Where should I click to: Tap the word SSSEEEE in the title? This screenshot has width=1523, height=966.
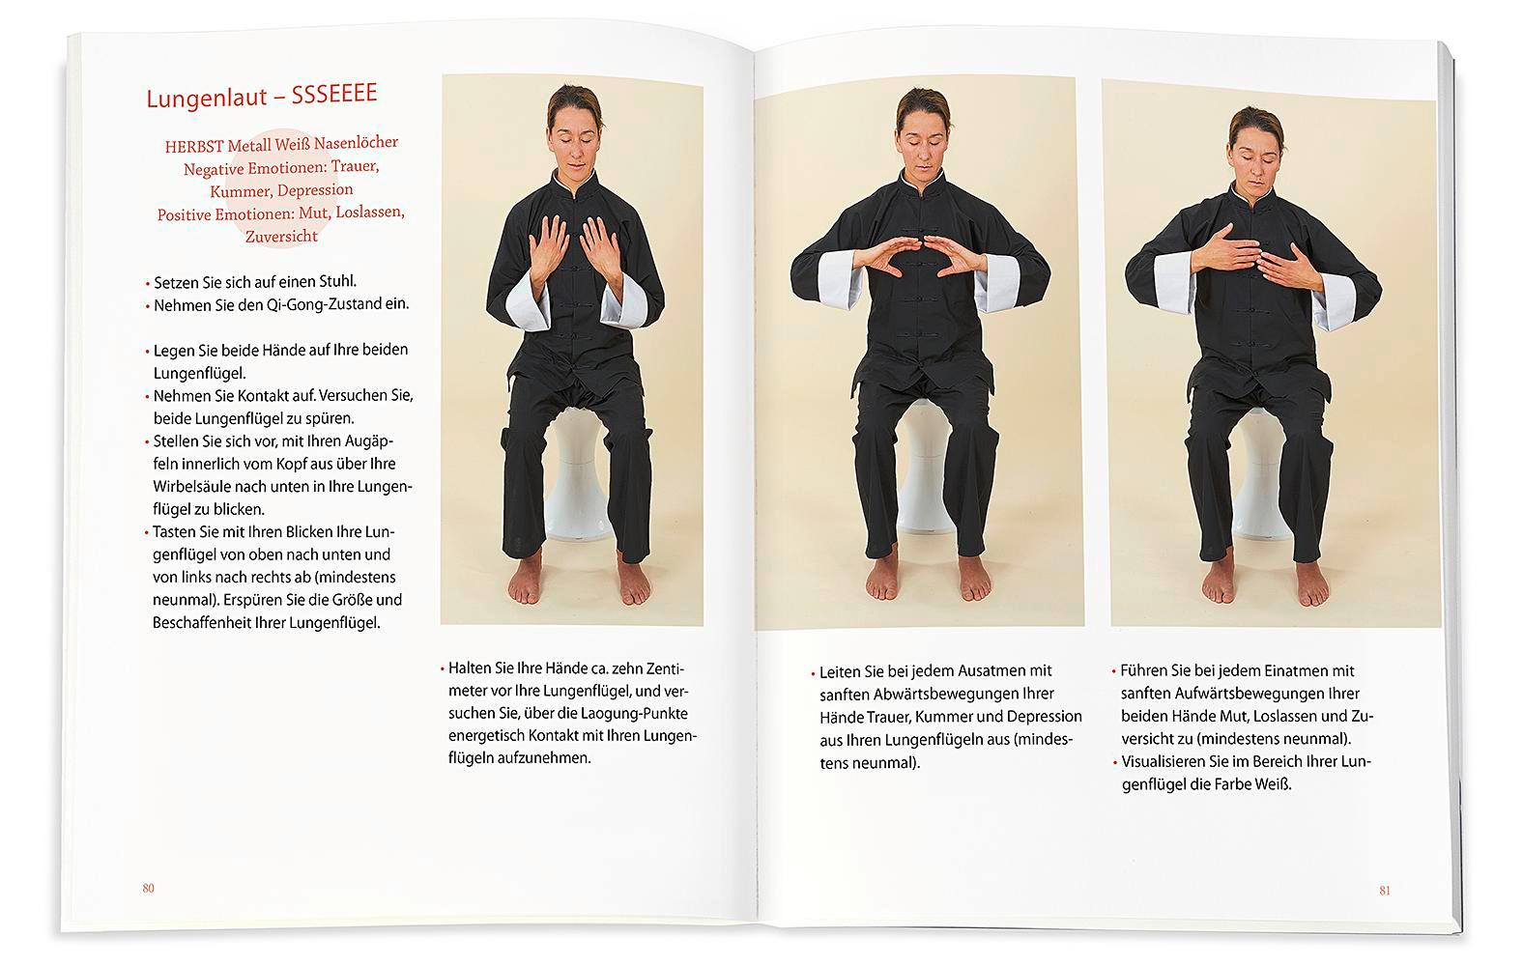pos(333,94)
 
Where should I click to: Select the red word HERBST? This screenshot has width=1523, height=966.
pos(194,146)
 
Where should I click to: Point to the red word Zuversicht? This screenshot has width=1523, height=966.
pos(281,237)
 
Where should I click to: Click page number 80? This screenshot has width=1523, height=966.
pos(148,888)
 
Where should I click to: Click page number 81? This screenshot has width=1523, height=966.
pos(1384,891)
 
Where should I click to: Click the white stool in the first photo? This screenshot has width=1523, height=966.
pos(577,476)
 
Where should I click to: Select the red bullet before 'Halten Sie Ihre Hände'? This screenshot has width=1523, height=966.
pos(442,669)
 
